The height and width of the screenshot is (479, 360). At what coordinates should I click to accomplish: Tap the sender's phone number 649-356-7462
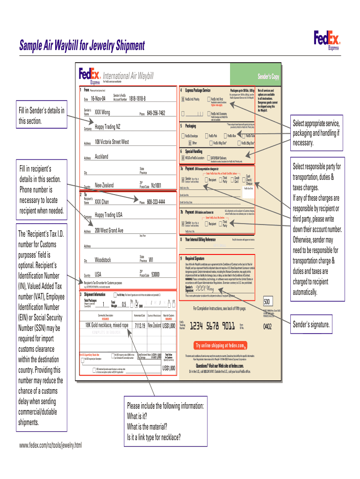pyautogui.click(x=156, y=113)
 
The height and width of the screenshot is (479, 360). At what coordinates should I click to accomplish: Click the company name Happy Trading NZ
pyautogui.click(x=108, y=127)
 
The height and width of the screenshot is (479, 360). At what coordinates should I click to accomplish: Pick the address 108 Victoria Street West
pyautogui.click(x=112, y=142)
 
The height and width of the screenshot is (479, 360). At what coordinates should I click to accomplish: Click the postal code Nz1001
pyautogui.click(x=156, y=185)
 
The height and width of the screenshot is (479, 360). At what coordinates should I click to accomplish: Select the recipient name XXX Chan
pyautogui.click(x=102, y=202)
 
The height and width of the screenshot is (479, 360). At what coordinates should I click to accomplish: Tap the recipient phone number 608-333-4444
pyautogui.click(x=156, y=202)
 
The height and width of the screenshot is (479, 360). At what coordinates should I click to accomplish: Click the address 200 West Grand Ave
pyautogui.click(x=109, y=231)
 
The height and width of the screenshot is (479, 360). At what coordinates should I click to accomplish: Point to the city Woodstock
pyautogui.click(x=103, y=260)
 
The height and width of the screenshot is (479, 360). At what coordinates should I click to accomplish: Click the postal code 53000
pyautogui.click(x=156, y=275)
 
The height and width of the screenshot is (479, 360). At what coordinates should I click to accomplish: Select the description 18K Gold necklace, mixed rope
pyautogui.click(x=107, y=325)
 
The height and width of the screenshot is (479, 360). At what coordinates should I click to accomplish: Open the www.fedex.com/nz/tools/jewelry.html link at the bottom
pyautogui.click(x=50, y=445)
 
